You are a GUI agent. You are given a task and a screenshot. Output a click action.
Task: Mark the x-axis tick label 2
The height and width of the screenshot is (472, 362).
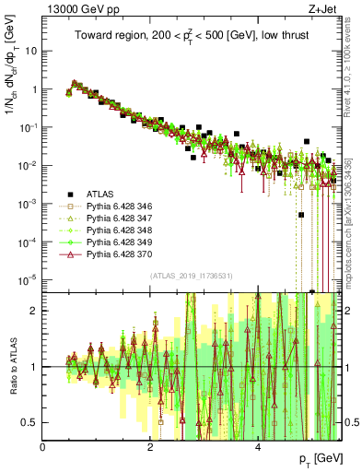(x=150, y=445)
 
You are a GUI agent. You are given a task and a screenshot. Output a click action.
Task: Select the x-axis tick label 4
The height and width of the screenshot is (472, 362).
(x=258, y=445)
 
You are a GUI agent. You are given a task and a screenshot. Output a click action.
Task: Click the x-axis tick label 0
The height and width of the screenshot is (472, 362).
(x=43, y=445)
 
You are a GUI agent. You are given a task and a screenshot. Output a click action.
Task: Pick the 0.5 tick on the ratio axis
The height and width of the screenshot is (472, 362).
(x=30, y=422)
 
